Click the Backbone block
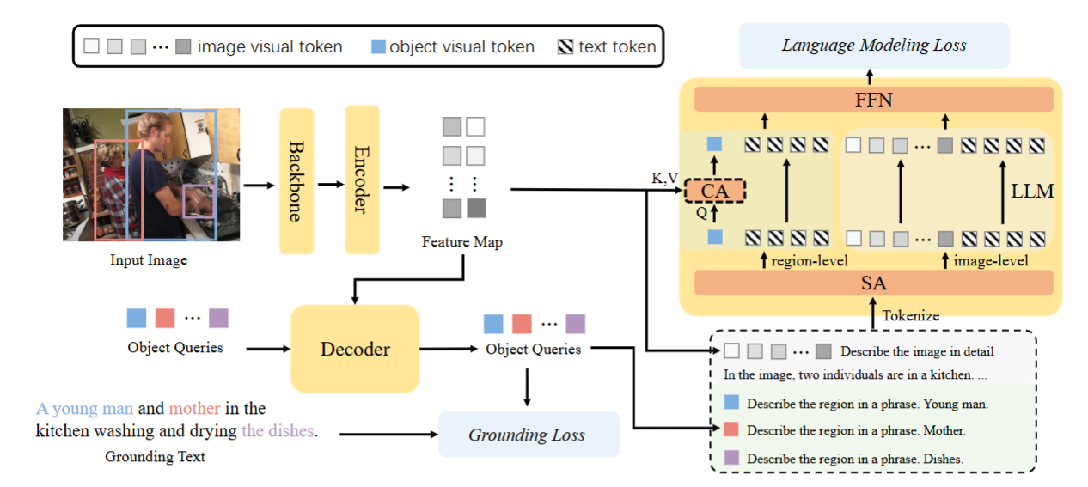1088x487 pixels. pyautogui.click(x=296, y=181)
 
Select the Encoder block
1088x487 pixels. pyautogui.click(x=362, y=180)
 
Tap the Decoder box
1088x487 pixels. pyautogui.click(x=355, y=349)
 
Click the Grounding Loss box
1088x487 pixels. pyautogui.click(x=529, y=435)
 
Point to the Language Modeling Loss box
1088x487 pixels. pyautogui.click(x=874, y=46)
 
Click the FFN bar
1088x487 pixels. pyautogui.click(x=873, y=100)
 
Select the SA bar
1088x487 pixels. pyautogui.click(x=873, y=283)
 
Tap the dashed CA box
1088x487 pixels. pyautogui.click(x=715, y=191)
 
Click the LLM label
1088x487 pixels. pyautogui.click(x=1032, y=191)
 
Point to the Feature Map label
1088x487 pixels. pyautogui.click(x=461, y=241)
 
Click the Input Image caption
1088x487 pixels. pyautogui.click(x=149, y=259)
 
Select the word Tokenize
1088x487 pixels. pyautogui.click(x=911, y=315)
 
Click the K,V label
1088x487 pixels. pyautogui.click(x=664, y=178)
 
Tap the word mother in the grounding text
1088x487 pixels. pyautogui.click(x=194, y=408)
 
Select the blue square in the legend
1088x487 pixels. pyautogui.click(x=378, y=46)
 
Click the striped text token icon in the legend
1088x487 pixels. pyautogui.click(x=565, y=46)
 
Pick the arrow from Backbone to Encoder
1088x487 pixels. pyautogui.click(x=331, y=185)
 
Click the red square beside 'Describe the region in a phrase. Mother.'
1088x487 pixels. pyautogui.click(x=731, y=429)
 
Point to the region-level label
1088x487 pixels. pyautogui.click(x=810, y=261)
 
